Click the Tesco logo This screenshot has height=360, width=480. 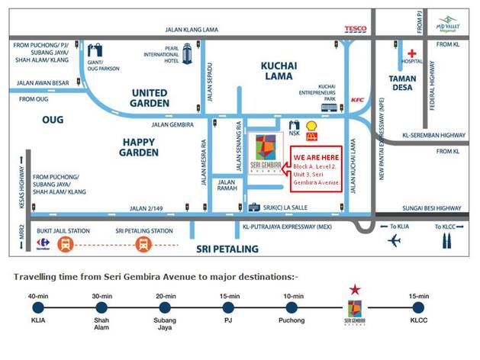pos(357,30)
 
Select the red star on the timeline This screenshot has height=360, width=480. pos(353,290)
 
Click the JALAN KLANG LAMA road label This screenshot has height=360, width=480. pos(192,30)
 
